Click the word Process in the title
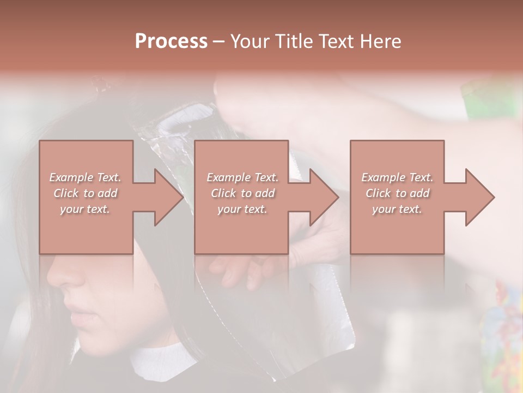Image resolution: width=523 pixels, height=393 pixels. tap(171, 41)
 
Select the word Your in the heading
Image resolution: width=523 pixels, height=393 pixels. tap(251, 41)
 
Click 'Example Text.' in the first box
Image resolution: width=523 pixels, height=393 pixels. tap(85, 177)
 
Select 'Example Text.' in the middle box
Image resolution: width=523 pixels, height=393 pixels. tap(242, 177)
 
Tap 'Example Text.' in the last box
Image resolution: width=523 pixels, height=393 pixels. tap(397, 177)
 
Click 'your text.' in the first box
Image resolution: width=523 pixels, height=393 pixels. tap(85, 209)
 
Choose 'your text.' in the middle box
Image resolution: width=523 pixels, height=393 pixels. tap(242, 209)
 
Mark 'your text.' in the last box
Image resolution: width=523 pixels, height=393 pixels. tap(397, 209)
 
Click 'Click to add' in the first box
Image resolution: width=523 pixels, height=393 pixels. tap(85, 193)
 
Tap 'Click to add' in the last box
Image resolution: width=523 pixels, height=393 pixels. tap(397, 193)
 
